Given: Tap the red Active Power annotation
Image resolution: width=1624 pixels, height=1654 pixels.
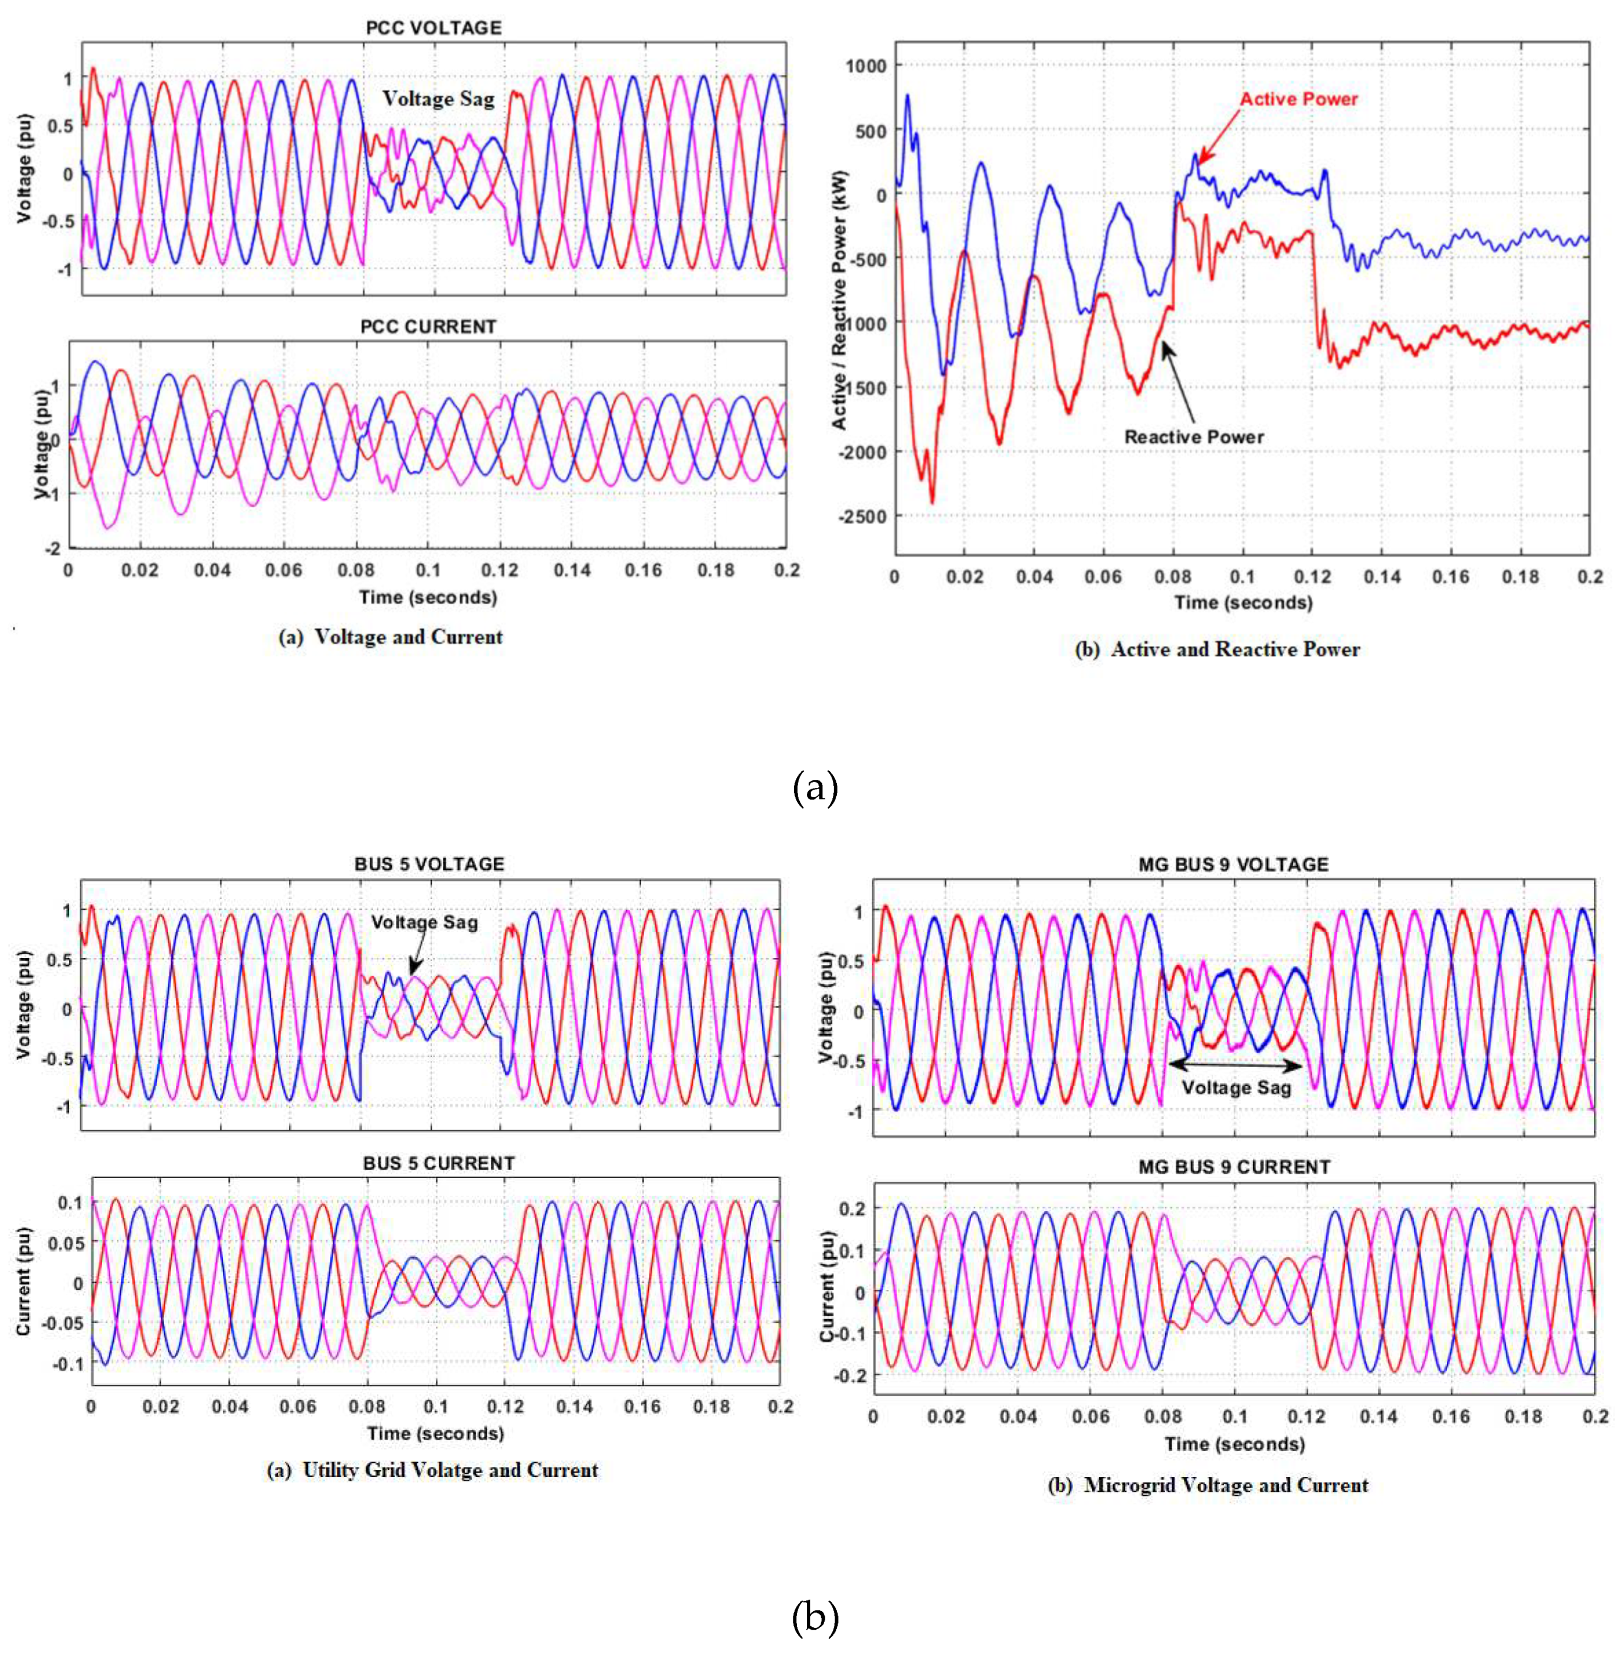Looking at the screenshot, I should (1298, 99).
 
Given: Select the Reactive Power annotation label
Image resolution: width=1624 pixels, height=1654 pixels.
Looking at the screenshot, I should (1193, 437).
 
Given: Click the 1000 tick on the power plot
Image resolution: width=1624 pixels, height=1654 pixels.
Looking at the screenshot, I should (866, 65).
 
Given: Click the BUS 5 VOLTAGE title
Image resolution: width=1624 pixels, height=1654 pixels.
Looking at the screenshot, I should (429, 864).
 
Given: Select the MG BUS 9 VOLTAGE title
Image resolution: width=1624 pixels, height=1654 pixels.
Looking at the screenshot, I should (1233, 864).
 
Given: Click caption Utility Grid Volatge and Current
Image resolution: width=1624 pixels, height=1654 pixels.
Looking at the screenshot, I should (432, 1470).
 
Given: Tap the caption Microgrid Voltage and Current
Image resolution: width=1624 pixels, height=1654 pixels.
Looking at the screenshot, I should (1208, 1485).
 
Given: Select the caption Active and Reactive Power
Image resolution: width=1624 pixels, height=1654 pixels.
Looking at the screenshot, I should (1217, 649).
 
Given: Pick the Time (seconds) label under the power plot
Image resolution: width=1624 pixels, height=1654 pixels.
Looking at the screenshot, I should (1243, 602).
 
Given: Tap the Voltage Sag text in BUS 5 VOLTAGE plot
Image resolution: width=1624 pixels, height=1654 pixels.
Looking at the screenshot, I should (424, 922).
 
